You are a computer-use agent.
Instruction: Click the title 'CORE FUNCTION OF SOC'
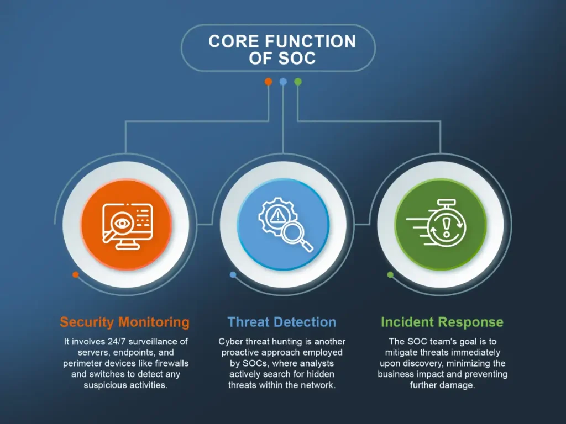pos(282,50)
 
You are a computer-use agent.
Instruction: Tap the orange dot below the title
pos(268,82)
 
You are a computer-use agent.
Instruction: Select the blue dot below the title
pos(284,82)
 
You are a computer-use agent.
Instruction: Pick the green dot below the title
pos(298,82)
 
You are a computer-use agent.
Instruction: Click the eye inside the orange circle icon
pos(122,224)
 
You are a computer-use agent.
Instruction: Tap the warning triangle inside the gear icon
pos(277,215)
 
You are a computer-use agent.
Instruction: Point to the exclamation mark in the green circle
pos(447,227)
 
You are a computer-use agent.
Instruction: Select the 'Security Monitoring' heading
pos(124,322)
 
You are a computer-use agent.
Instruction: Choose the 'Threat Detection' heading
pos(281,322)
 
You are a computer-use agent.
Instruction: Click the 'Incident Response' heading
pos(442,322)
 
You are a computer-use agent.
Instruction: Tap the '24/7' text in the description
pos(116,341)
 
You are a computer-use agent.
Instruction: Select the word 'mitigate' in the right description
pos(399,353)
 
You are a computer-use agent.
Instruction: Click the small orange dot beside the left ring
pos(75,275)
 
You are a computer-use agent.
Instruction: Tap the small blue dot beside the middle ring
pos(233,275)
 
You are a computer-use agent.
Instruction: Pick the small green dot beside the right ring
pos(390,275)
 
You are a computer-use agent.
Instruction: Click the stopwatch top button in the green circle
pos(447,202)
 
